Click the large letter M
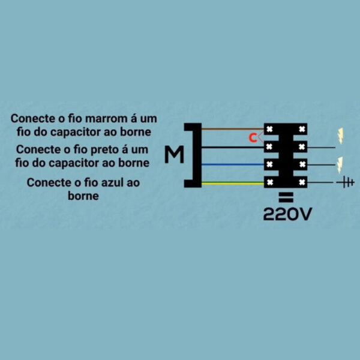(174, 154)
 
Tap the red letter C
(253, 138)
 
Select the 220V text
(287, 214)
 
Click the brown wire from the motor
(233, 129)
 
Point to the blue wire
(233, 164)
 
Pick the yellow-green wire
(233, 183)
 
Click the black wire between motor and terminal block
(233, 147)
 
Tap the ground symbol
(346, 182)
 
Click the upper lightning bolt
(340, 136)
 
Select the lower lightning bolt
(340, 165)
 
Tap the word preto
(104, 149)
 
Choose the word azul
(112, 183)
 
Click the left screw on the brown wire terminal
(269, 129)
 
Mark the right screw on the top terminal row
(302, 129)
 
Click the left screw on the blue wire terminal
(269, 164)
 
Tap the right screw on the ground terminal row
(302, 182)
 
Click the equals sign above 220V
(286, 197)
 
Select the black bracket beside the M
(194, 155)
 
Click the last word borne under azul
(83, 196)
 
